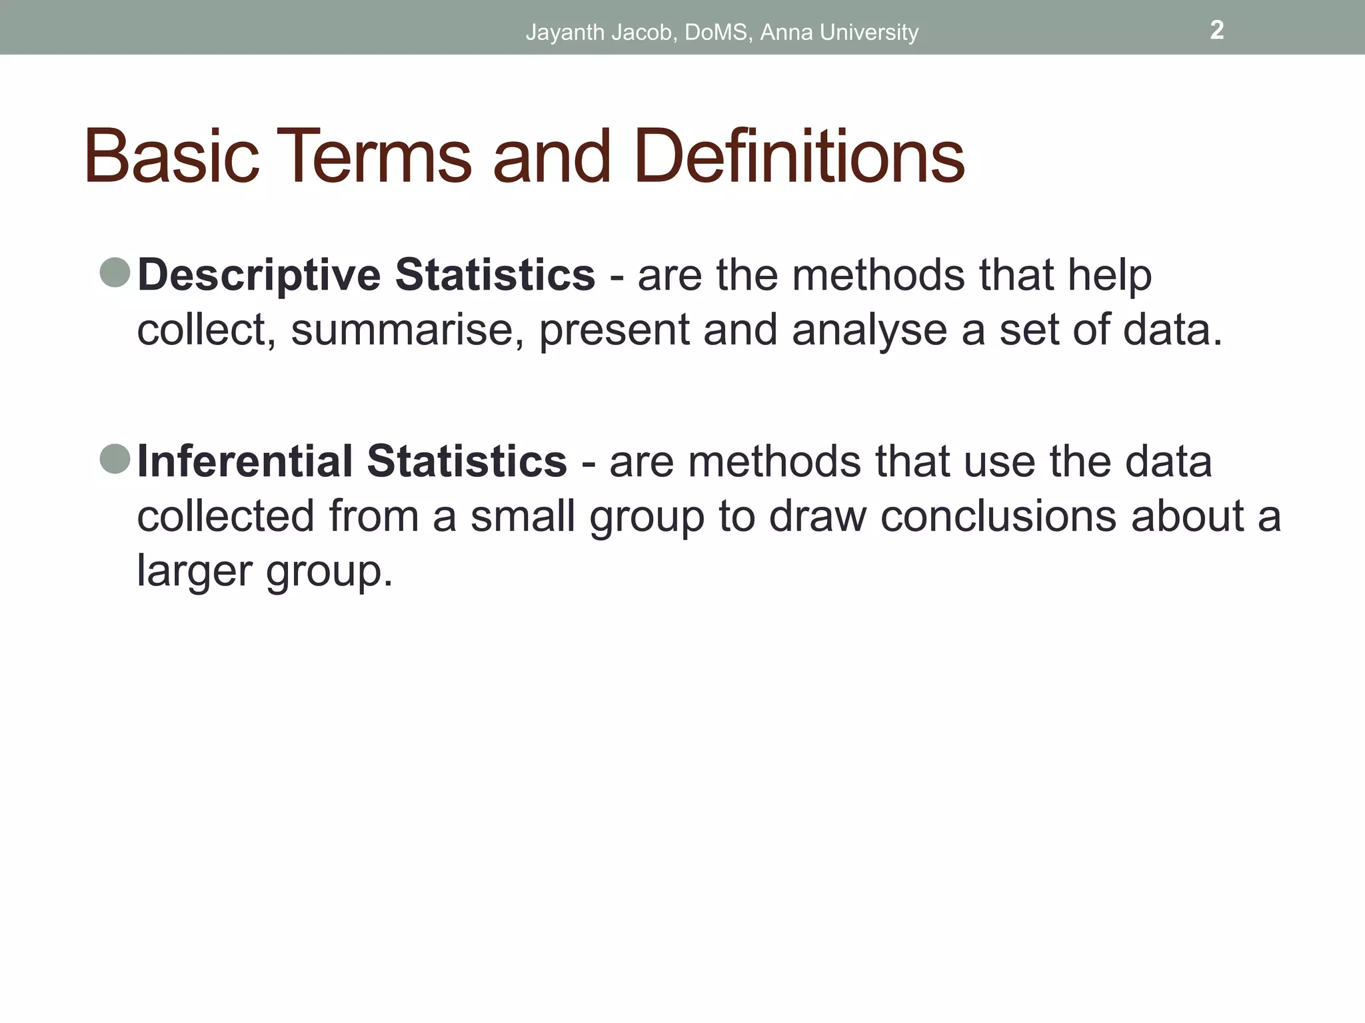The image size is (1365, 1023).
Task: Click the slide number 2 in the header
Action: [x=1216, y=30]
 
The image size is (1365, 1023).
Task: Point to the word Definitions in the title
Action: [x=799, y=157]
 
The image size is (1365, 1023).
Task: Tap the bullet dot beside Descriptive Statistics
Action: [x=115, y=273]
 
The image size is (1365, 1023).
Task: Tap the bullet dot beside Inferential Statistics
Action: [x=115, y=459]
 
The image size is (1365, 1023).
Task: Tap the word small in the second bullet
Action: [x=523, y=516]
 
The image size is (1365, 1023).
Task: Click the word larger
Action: [x=194, y=571]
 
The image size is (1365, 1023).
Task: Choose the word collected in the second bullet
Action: [x=225, y=516]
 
